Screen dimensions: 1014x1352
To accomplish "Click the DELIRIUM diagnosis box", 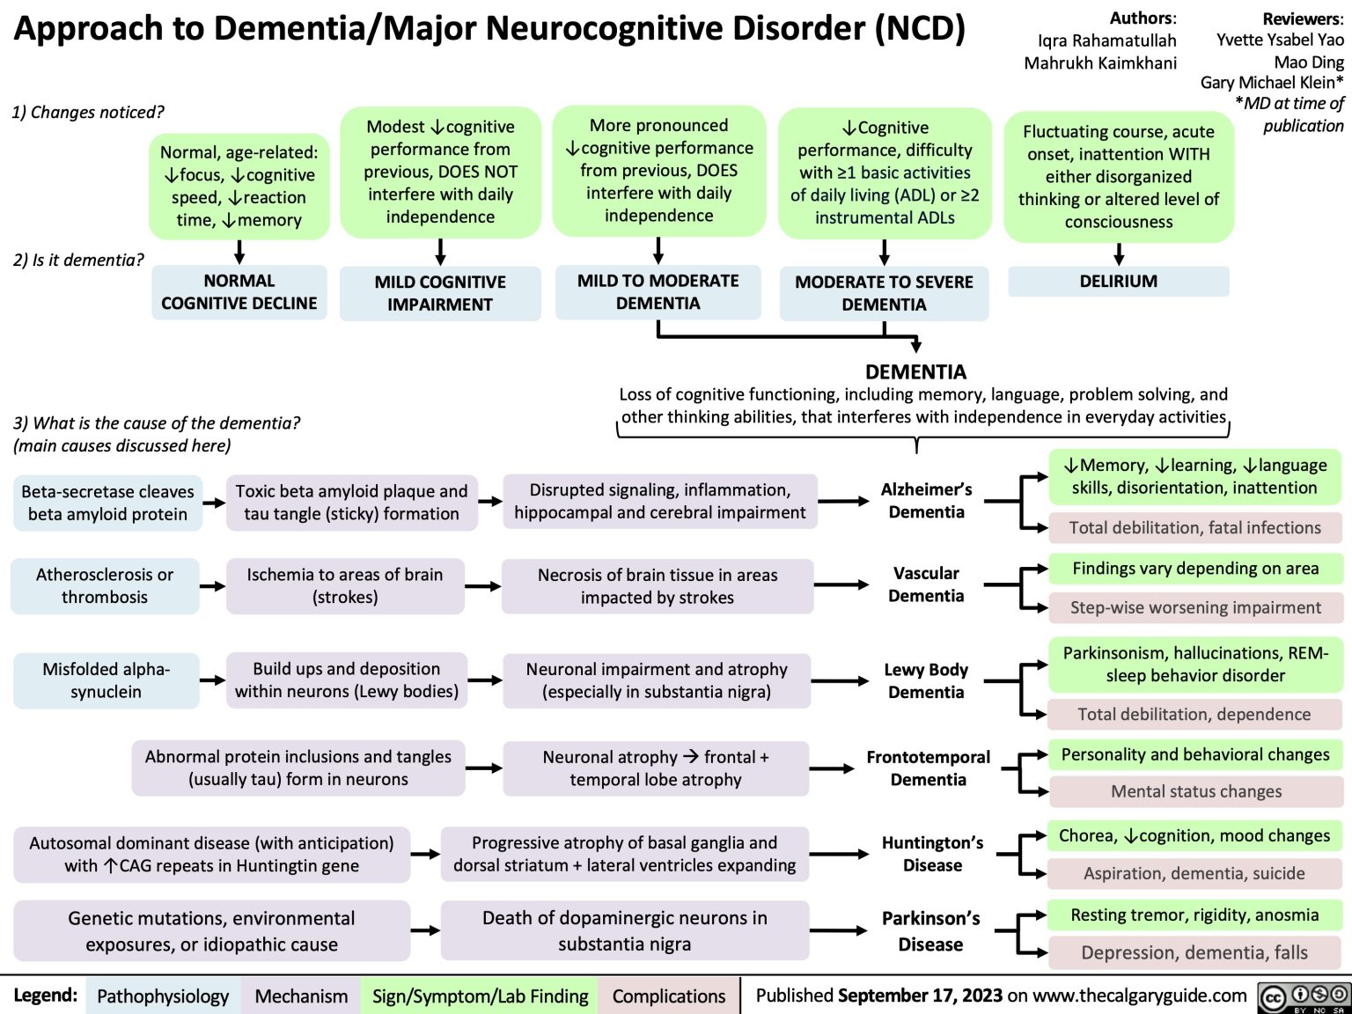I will (1118, 282).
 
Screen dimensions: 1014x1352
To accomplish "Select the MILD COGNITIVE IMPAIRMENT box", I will (440, 293).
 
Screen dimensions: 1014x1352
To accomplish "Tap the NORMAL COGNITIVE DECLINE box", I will (239, 292).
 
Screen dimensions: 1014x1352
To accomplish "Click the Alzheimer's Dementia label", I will (926, 501).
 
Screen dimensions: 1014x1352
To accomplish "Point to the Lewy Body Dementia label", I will (926, 681).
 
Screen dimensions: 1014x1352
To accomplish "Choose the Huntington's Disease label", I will (932, 854).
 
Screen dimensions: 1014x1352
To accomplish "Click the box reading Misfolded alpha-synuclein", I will (106, 680).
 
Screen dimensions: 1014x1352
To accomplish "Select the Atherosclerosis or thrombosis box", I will (105, 586).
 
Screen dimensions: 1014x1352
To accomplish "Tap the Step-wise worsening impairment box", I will (1194, 607).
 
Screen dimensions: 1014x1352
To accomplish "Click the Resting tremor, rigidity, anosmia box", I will (1194, 915).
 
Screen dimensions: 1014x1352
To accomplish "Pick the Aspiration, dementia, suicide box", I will (1194, 873).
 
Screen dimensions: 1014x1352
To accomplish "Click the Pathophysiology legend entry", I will (163, 996).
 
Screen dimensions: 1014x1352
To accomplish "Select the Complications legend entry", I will (669, 996).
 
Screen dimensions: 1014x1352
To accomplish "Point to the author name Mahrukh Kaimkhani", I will (1099, 63).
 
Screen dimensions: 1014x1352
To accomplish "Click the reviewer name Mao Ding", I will (1309, 62).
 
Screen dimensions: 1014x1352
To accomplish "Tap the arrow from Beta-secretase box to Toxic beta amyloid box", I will (214, 503).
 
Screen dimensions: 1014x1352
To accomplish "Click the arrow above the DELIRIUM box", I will (1118, 254).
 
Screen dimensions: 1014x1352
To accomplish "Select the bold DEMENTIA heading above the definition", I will (915, 371).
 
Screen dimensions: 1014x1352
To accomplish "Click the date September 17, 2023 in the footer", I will (920, 996).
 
